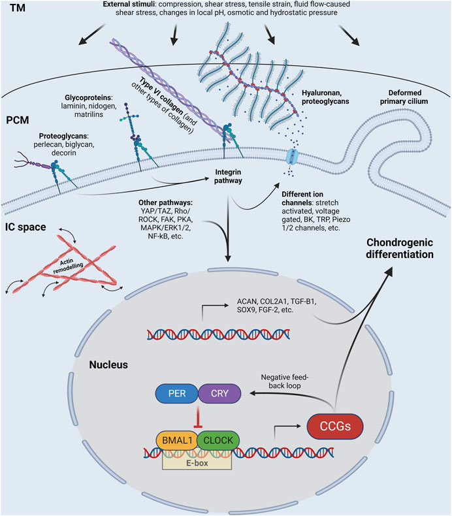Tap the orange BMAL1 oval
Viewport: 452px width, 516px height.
(176, 440)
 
